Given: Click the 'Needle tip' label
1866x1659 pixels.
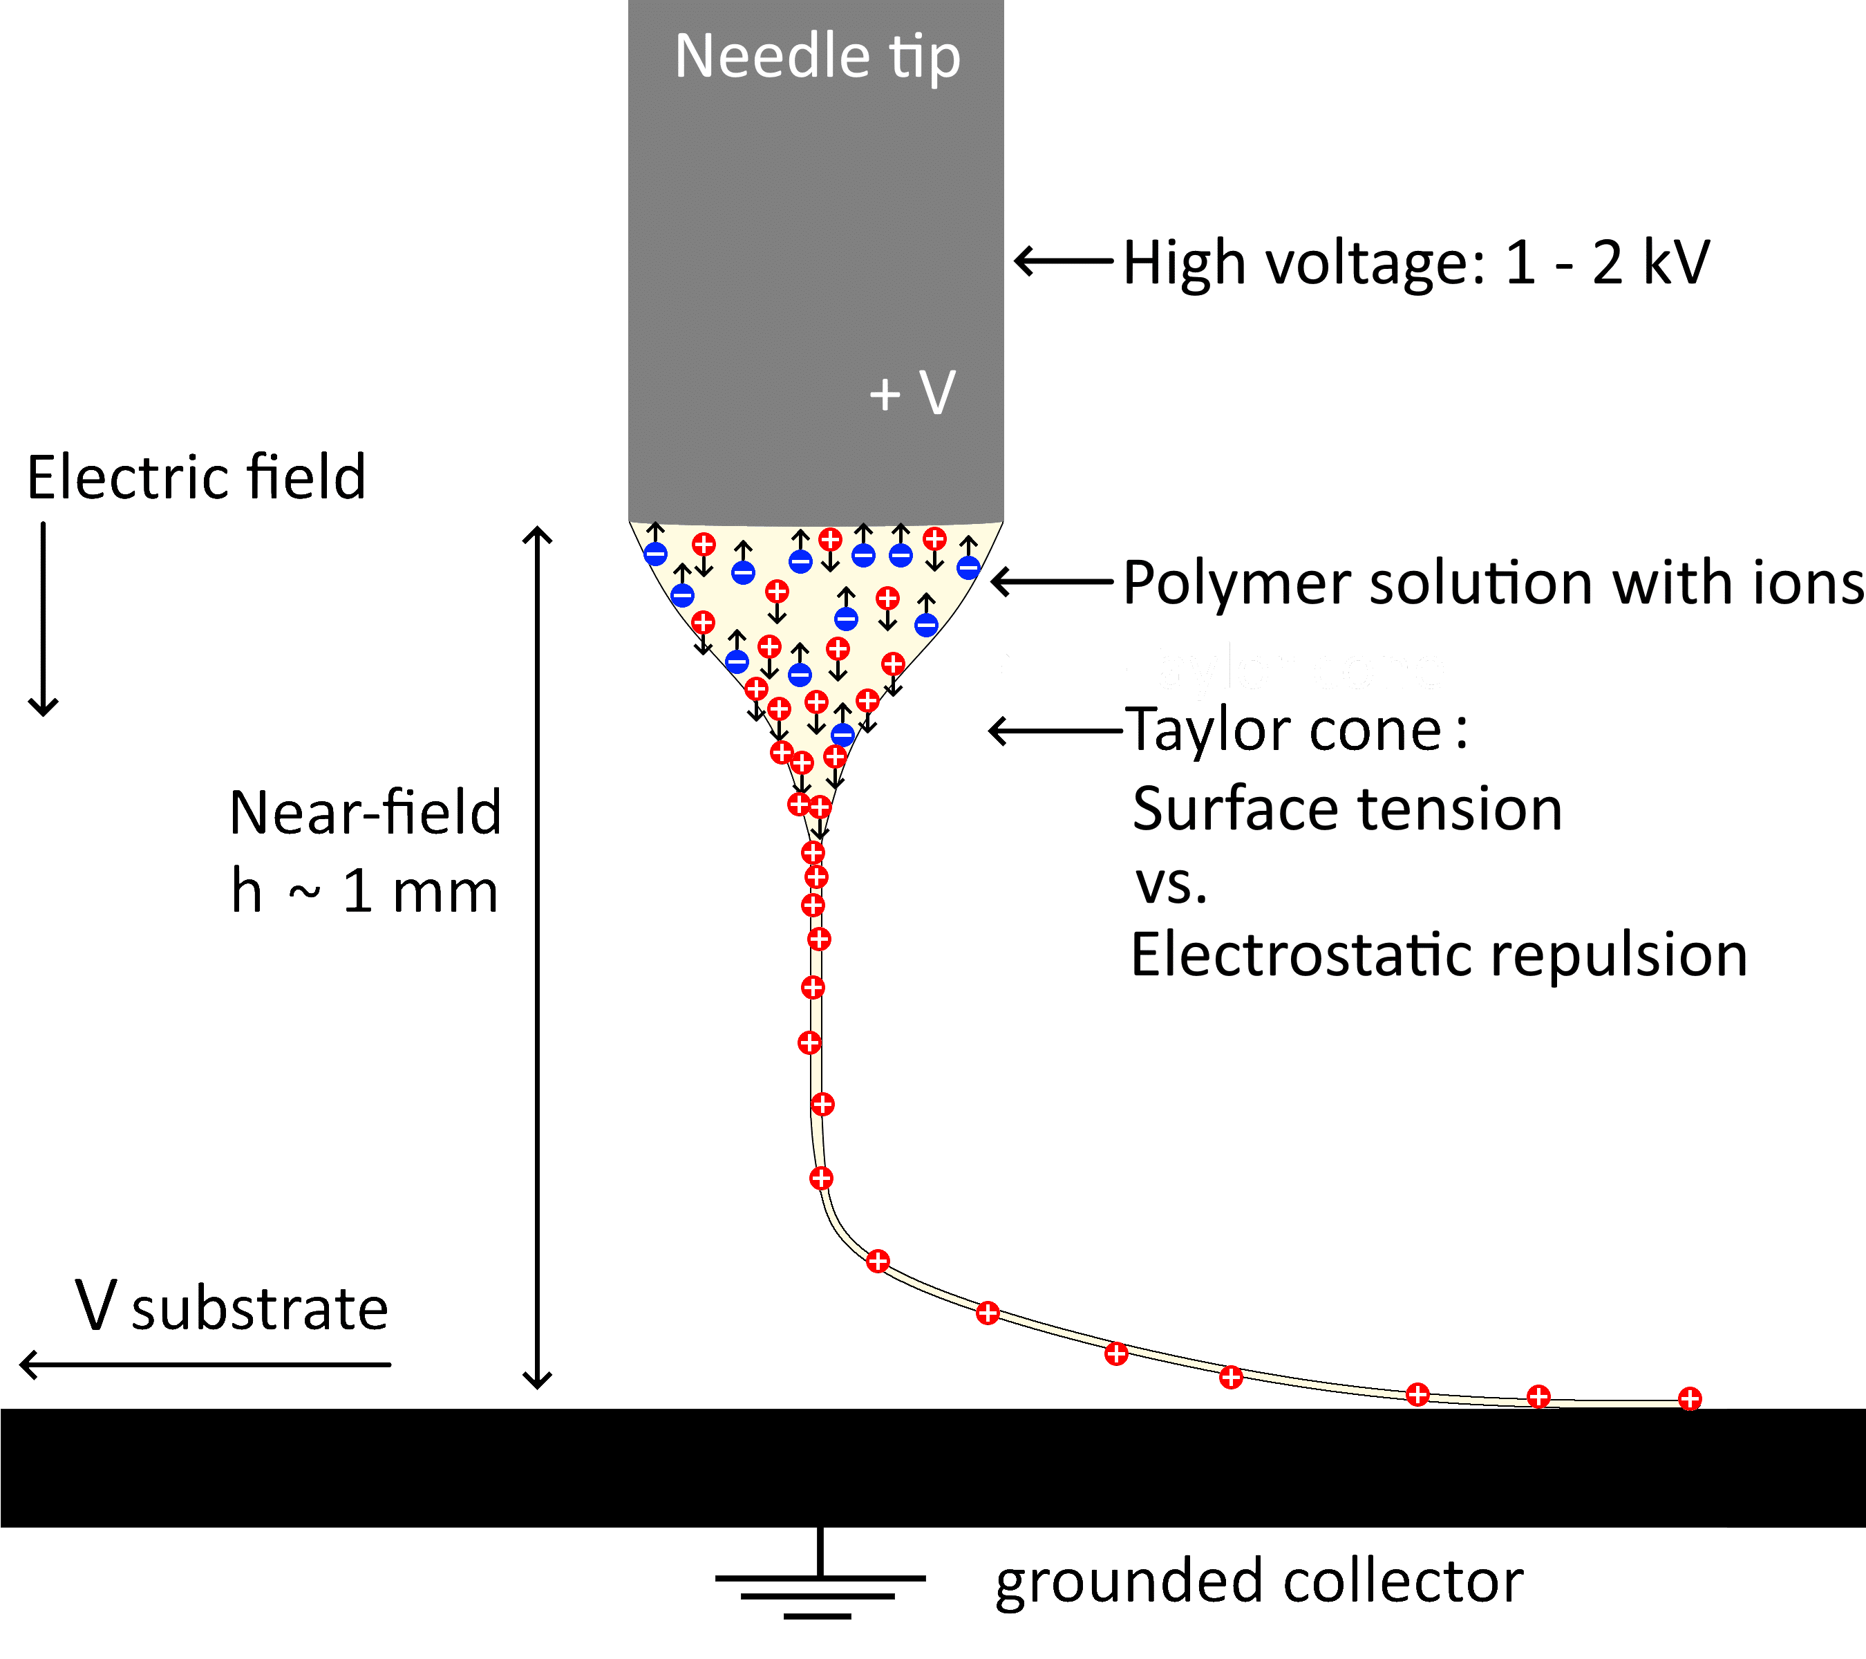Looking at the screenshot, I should click(817, 57).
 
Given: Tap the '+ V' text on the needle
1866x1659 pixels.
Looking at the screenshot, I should click(911, 393).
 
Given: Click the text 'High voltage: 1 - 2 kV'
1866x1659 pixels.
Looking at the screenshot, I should click(1415, 263).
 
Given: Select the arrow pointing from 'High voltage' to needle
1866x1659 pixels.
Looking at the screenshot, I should click(1064, 261).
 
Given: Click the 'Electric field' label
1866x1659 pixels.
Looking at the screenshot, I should click(196, 478).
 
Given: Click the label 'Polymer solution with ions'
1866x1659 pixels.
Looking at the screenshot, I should click(1493, 583).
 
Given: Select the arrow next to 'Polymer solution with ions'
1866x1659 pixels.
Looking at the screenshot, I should click(1052, 581).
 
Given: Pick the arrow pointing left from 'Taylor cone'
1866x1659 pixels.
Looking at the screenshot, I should click(1055, 731).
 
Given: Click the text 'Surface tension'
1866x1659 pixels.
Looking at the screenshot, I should click(1346, 810).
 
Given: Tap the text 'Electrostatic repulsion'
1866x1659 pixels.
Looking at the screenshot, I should click(1438, 955).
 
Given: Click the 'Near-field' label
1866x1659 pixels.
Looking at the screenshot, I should click(365, 813).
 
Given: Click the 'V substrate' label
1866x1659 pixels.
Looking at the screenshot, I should click(232, 1307).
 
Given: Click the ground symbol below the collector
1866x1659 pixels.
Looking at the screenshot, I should click(819, 1580).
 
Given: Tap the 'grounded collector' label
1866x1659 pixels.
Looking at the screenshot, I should click(1258, 1582).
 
